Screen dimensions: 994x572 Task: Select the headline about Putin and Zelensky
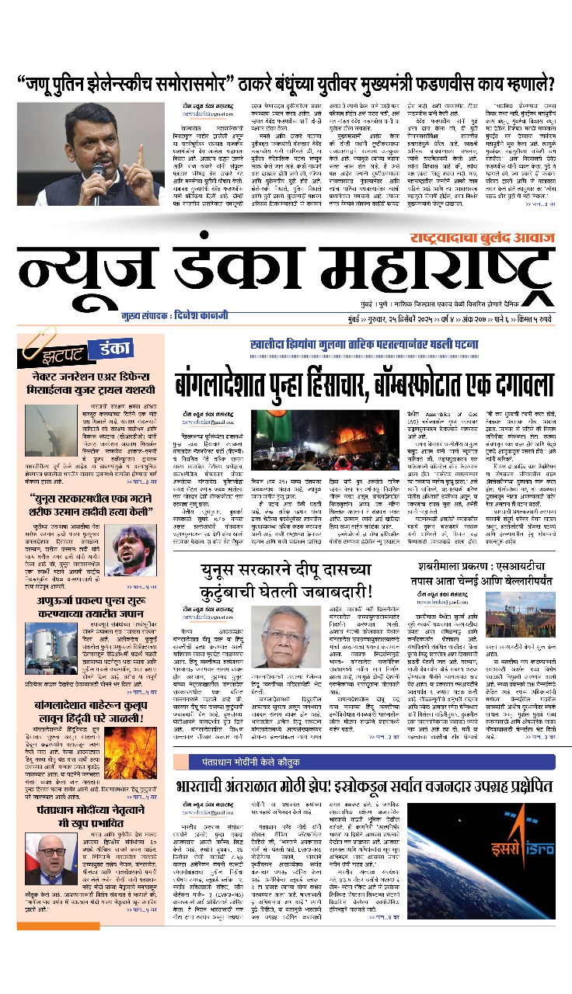(x=286, y=83)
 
